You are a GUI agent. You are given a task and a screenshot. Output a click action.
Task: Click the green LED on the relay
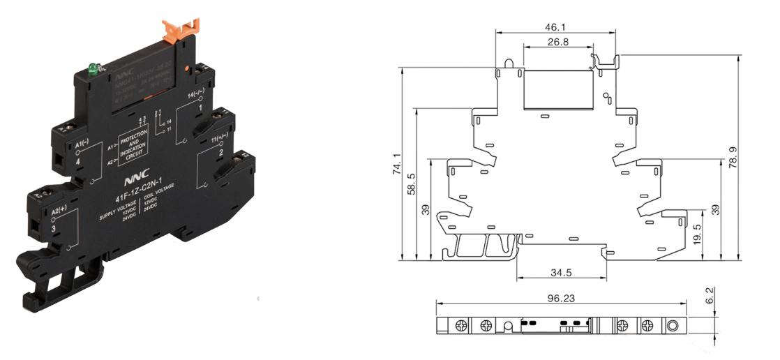(x=91, y=68)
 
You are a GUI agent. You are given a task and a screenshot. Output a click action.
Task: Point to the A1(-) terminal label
(x=81, y=144)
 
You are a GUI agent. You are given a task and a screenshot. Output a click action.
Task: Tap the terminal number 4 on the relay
(x=78, y=161)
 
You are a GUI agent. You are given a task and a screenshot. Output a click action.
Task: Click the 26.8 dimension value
(x=558, y=42)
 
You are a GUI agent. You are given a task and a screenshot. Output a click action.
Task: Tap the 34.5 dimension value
(x=562, y=271)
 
